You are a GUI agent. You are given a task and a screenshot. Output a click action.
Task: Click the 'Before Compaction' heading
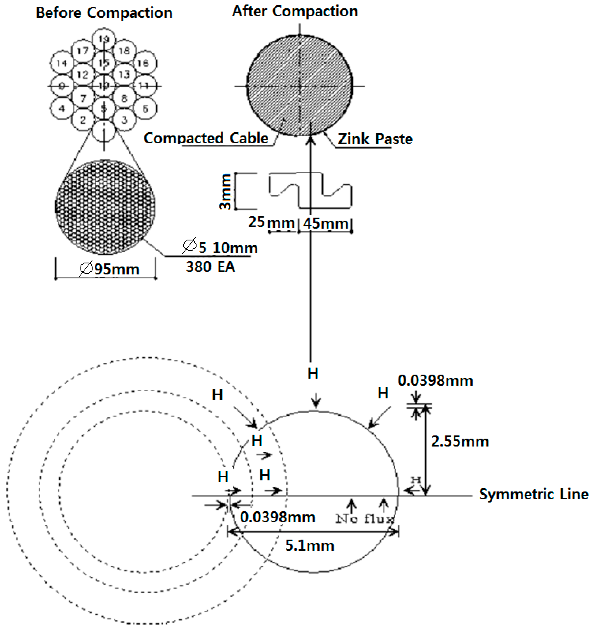[x=104, y=13]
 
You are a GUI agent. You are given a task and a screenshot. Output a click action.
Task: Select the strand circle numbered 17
[x=83, y=51]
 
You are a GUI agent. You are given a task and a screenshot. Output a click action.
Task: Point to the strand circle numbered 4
[x=62, y=109]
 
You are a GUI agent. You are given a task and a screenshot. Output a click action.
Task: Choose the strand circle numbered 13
[x=124, y=74]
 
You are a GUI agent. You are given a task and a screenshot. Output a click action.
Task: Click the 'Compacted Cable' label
[x=206, y=138]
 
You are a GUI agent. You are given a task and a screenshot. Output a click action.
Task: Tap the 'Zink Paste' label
[x=375, y=139]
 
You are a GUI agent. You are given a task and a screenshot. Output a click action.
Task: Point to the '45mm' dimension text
[x=325, y=223]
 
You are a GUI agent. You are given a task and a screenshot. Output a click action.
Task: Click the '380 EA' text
[x=210, y=267]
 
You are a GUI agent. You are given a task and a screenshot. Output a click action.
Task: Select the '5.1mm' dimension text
[x=310, y=546]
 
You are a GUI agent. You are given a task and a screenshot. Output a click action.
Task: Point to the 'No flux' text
[x=365, y=519]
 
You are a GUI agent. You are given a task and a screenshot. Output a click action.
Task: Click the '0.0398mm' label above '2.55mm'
[x=435, y=381]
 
